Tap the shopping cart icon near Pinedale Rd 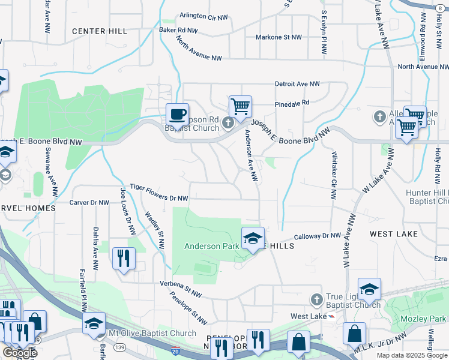pyautogui.click(x=240, y=107)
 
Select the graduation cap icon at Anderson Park pyautogui.click(x=253, y=238)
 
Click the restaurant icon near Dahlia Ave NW pyautogui.click(x=124, y=258)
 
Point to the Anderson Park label pyautogui.click(x=211, y=246)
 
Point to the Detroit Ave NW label pyautogui.click(x=297, y=84)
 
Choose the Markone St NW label pyautogui.click(x=279, y=37)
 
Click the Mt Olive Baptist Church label pyautogui.click(x=152, y=333)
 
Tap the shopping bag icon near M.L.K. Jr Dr pyautogui.click(x=355, y=335)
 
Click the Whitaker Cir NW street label pyautogui.click(x=334, y=175)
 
